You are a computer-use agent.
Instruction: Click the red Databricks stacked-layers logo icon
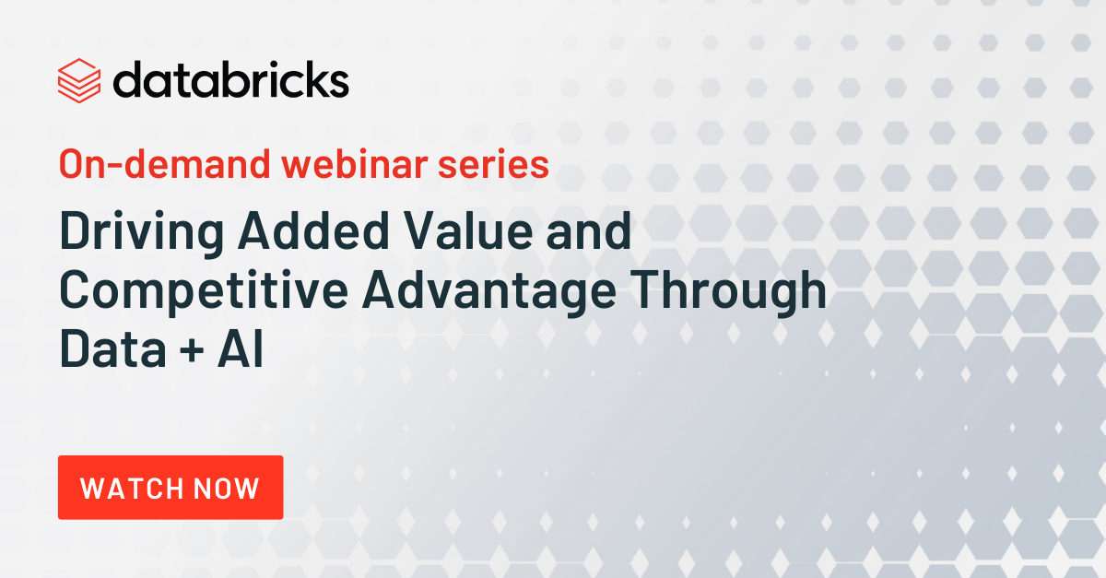79,80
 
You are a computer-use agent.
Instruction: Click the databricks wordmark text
231,79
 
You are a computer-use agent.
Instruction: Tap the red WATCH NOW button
171,487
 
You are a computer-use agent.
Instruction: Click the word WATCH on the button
133,489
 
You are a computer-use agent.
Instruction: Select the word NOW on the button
226,489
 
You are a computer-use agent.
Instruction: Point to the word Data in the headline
112,348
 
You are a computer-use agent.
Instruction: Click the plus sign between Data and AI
192,350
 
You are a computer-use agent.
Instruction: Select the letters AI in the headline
241,348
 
